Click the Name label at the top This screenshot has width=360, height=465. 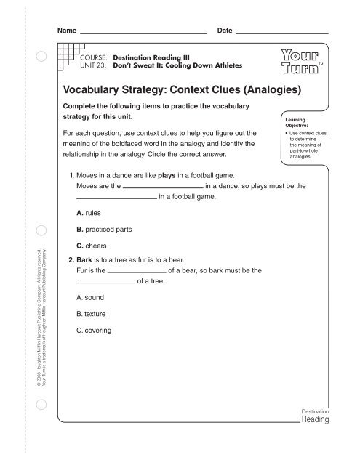(x=67, y=32)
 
